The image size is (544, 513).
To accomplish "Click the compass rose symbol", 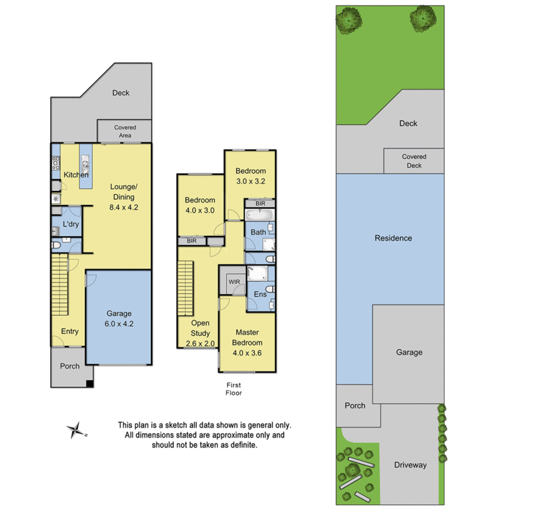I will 77,431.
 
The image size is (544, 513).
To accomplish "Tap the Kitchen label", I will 75,175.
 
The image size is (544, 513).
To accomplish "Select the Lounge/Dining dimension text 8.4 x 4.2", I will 123,207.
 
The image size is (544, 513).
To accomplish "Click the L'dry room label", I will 71,224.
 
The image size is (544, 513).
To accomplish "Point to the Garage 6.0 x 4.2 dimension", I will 119,323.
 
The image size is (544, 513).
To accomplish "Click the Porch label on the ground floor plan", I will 69,366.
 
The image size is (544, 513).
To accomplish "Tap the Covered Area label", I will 125,131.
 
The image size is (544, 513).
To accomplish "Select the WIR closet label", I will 234,282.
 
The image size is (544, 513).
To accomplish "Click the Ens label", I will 260,294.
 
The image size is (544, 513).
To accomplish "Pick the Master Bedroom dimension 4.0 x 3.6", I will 246,353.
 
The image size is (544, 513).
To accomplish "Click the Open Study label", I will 200,329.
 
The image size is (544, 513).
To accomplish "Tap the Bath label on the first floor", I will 258,232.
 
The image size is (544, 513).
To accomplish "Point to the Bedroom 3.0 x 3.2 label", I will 250,176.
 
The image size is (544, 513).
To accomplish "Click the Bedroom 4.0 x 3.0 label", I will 200,205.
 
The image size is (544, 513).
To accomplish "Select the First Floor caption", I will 234,389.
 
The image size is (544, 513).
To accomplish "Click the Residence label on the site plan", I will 393,238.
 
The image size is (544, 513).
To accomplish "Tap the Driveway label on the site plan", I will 410,465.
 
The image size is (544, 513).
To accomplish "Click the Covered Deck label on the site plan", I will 414,161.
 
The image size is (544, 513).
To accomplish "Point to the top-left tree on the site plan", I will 348,19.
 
